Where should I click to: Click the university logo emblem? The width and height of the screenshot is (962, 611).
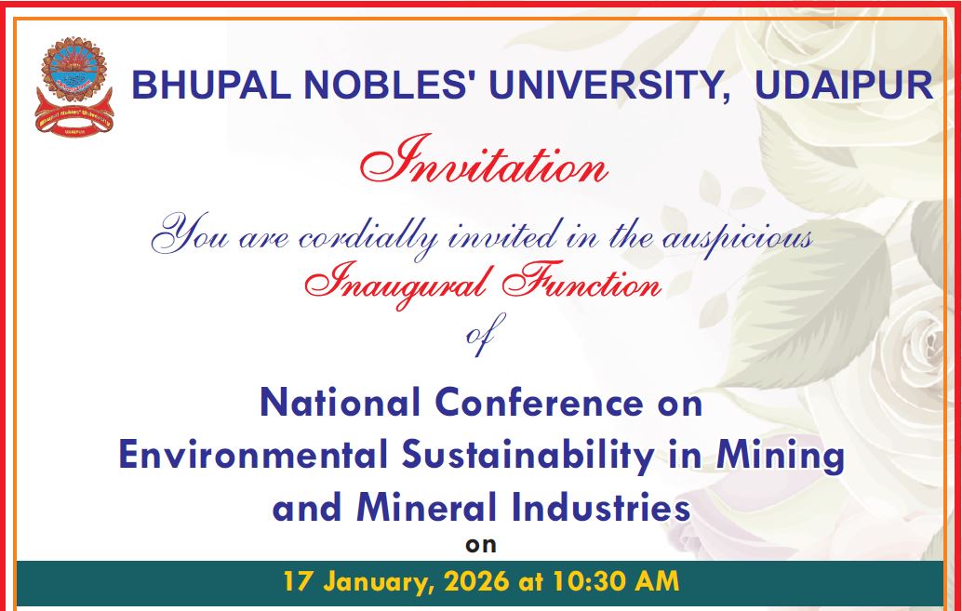coord(73,86)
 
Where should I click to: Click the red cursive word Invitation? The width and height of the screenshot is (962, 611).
coord(483,166)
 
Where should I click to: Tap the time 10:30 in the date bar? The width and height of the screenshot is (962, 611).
coord(589,583)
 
